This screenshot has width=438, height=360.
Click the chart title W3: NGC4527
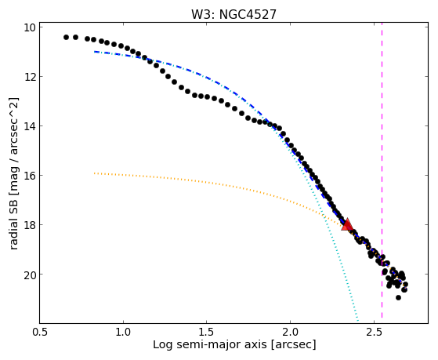coord(233,14)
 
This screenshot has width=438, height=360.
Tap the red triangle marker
coord(347,224)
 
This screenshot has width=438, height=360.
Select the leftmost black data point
coord(66,37)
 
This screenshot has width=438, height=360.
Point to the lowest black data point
coord(398,297)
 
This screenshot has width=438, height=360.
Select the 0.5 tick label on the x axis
coord(40,332)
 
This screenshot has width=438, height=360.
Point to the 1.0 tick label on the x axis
coord(123,332)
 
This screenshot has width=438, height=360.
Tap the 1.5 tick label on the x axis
coord(207,332)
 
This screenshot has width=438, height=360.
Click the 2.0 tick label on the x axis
coord(290,332)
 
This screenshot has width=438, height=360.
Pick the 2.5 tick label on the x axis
coord(374,332)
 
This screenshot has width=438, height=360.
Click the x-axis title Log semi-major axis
coord(210,344)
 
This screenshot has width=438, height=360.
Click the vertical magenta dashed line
coord(382,173)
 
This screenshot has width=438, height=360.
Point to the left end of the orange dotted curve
coord(95,173)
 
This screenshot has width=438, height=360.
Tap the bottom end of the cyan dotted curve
coord(358,321)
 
